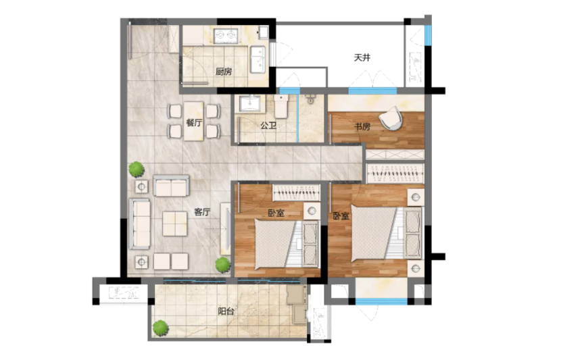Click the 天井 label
[362, 58]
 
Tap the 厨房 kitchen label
[224, 72]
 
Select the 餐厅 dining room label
[194, 122]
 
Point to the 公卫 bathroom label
[268, 126]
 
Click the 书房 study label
[362, 127]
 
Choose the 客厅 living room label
[202, 212]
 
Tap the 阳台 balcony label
[226, 311]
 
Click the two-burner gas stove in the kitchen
[226, 35]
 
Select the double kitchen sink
[258, 59]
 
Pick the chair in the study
[391, 119]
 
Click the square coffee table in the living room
[175, 224]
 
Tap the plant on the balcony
[160, 328]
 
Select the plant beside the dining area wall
[137, 169]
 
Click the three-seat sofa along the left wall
[139, 224]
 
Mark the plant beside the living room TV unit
[222, 265]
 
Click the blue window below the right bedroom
[381, 301]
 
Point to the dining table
[193, 121]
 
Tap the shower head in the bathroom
[310, 99]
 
